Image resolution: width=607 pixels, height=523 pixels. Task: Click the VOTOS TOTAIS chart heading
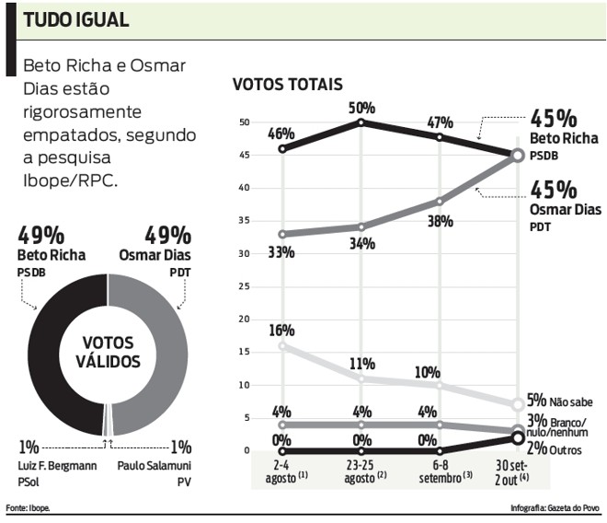(287, 85)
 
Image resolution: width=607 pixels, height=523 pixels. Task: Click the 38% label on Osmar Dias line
(441, 221)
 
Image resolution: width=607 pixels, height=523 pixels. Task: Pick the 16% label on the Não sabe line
(281, 330)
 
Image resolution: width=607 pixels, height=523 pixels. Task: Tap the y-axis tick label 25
(244, 286)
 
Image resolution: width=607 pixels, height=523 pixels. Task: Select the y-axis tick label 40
(244, 188)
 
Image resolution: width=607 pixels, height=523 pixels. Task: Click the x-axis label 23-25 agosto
(361, 472)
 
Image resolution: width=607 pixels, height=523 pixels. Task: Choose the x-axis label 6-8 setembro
(441, 472)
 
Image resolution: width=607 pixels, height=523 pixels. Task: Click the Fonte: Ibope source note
(29, 508)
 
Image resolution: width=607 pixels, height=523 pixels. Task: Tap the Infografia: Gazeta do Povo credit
(555, 508)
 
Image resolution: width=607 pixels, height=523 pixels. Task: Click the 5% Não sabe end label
(558, 401)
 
